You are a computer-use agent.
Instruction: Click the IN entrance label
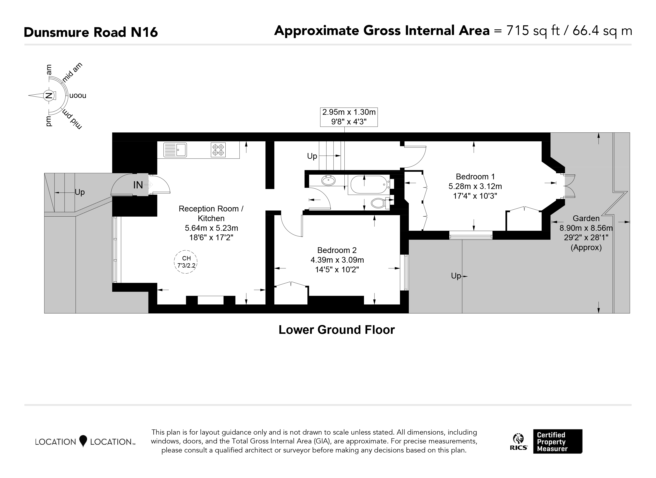pyautogui.click(x=138, y=185)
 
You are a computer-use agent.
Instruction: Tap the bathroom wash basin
pyautogui.click(x=328, y=181)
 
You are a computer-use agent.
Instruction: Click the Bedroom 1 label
pyautogui.click(x=475, y=176)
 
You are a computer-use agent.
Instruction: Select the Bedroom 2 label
pyautogui.click(x=337, y=250)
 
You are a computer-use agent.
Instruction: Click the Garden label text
pyautogui.click(x=586, y=218)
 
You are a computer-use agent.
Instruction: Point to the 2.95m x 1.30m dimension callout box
pyautogui.click(x=349, y=117)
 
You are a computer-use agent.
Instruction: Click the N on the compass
pyautogui.click(x=49, y=95)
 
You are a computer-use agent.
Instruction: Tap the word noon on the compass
pyautogui.click(x=78, y=95)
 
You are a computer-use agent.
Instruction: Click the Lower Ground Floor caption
pyautogui.click(x=337, y=330)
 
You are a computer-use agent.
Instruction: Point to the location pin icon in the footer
pyautogui.click(x=83, y=441)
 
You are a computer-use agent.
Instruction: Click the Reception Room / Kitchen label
pyautogui.click(x=211, y=213)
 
